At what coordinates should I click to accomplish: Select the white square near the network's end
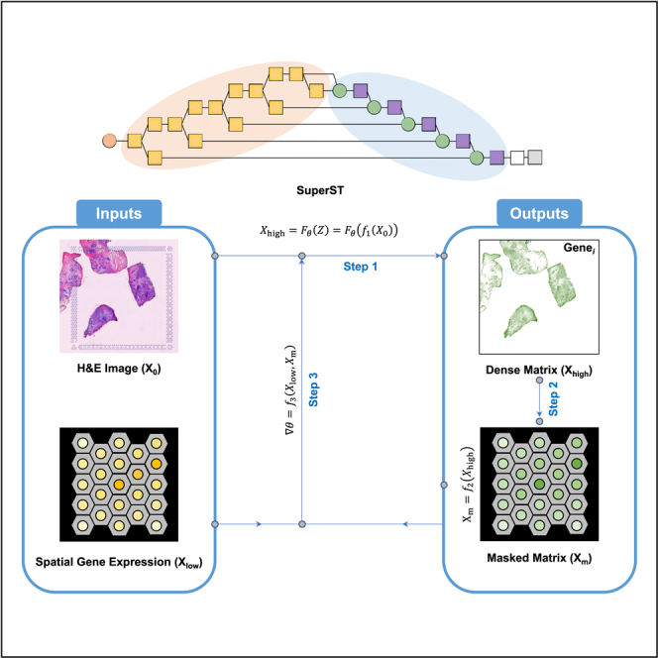pyautogui.click(x=517, y=157)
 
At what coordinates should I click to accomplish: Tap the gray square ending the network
pyautogui.click(x=535, y=157)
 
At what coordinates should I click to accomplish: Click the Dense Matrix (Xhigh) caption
pyautogui.click(x=538, y=369)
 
